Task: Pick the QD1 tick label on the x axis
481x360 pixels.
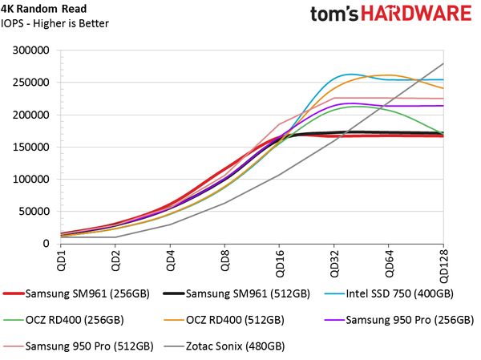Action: (x=60, y=260)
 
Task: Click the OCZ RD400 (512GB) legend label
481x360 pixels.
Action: (x=240, y=320)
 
